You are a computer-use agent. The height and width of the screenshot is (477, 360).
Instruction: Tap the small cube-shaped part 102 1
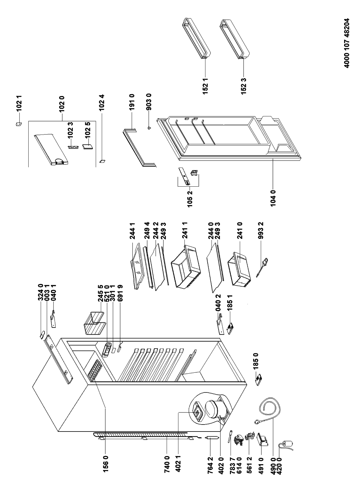coord(19,124)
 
